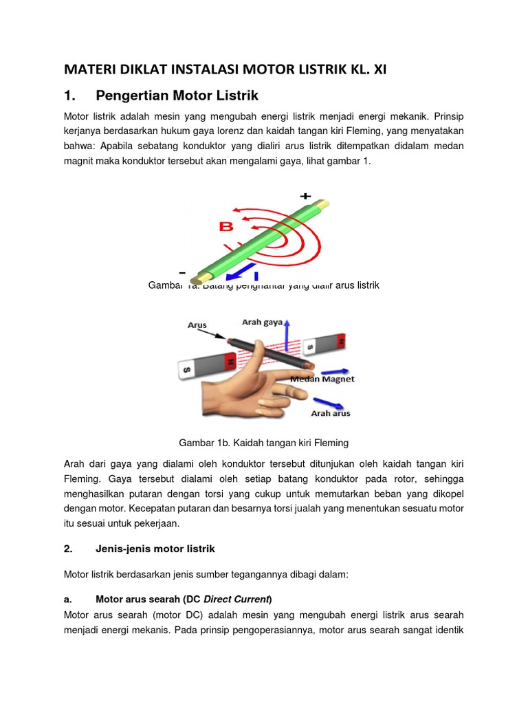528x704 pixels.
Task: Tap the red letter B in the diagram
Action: [x=225, y=226]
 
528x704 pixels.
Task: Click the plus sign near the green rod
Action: [x=305, y=196]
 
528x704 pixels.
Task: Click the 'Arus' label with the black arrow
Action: [x=197, y=324]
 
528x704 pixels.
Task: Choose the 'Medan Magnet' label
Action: [x=322, y=379]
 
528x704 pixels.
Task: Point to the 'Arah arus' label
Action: [x=331, y=413]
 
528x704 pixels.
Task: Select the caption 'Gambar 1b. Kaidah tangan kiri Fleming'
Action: [x=264, y=442]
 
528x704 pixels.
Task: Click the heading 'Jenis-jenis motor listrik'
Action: [x=155, y=549]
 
